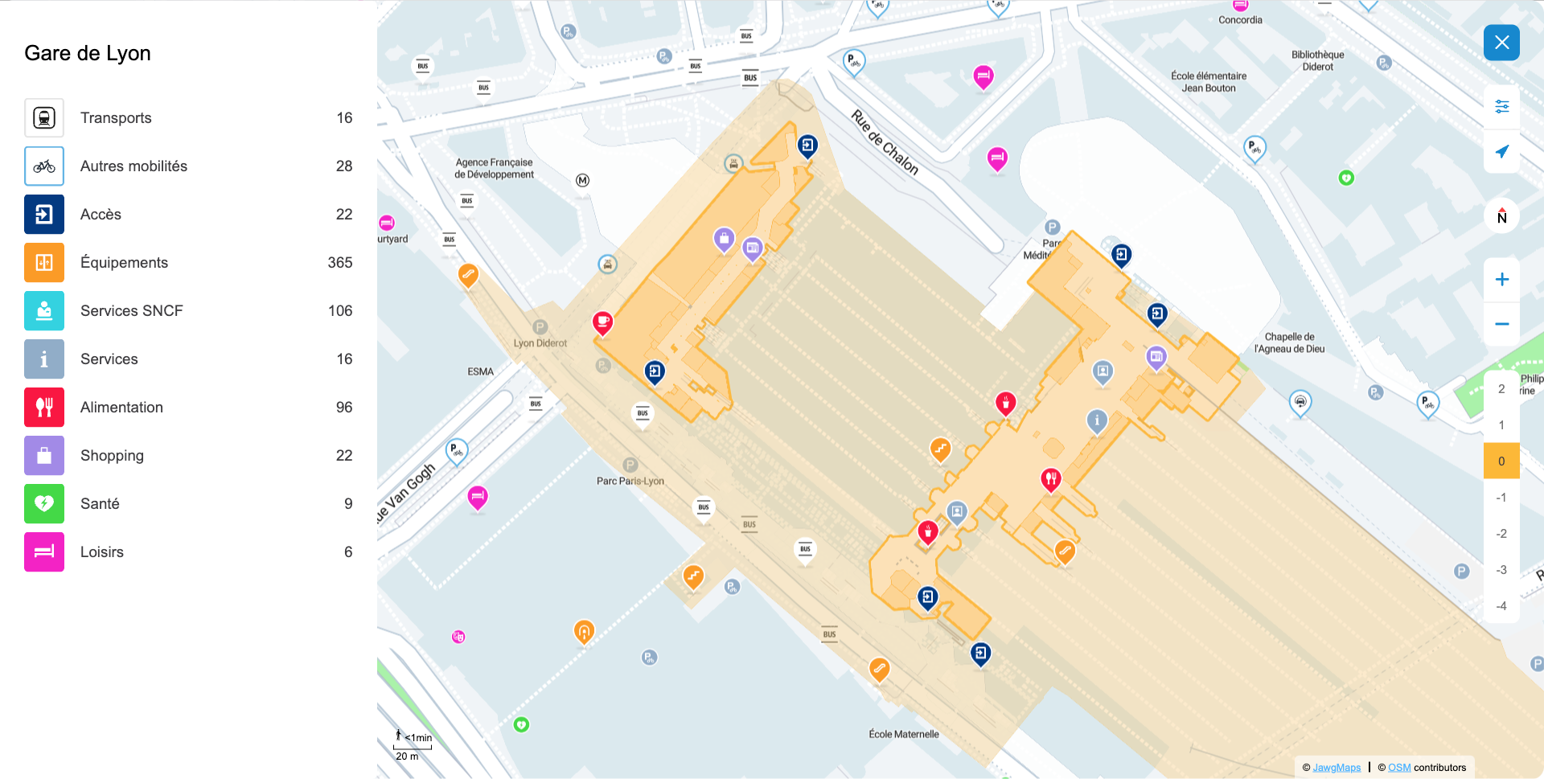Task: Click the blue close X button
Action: click(1501, 43)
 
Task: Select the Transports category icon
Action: click(44, 118)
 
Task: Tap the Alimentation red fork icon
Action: click(44, 408)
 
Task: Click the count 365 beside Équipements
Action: click(339, 263)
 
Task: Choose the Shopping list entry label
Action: click(112, 456)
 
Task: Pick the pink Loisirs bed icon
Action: click(44, 552)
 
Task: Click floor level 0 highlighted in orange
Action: click(1501, 461)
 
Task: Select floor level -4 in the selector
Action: click(1501, 606)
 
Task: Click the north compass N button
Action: click(1501, 216)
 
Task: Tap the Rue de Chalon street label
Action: click(885, 142)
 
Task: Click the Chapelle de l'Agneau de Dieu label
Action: click(1289, 343)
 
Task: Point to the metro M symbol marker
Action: click(582, 181)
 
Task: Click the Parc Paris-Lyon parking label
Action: click(630, 482)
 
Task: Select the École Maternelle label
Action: click(903, 735)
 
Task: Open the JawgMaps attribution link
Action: click(1336, 768)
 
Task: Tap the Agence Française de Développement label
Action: click(494, 169)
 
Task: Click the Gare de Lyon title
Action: click(88, 54)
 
